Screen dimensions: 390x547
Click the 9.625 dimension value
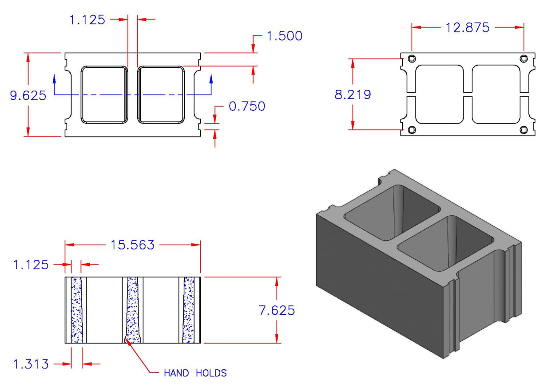(28, 95)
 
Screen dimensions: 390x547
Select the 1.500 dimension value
(285, 36)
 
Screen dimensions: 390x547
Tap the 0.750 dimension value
(247, 106)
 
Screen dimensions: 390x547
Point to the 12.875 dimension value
(468, 27)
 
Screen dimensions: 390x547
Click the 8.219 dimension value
(353, 94)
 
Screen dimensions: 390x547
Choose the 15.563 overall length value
(133, 245)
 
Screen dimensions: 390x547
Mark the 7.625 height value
(276, 310)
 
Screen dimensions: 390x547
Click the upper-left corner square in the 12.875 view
(412, 59)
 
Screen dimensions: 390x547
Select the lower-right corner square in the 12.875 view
(523, 129)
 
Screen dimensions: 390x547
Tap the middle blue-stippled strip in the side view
(132, 310)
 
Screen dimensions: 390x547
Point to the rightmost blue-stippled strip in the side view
(189, 310)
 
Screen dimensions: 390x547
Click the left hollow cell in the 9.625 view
(104, 94)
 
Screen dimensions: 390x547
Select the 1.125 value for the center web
(87, 19)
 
